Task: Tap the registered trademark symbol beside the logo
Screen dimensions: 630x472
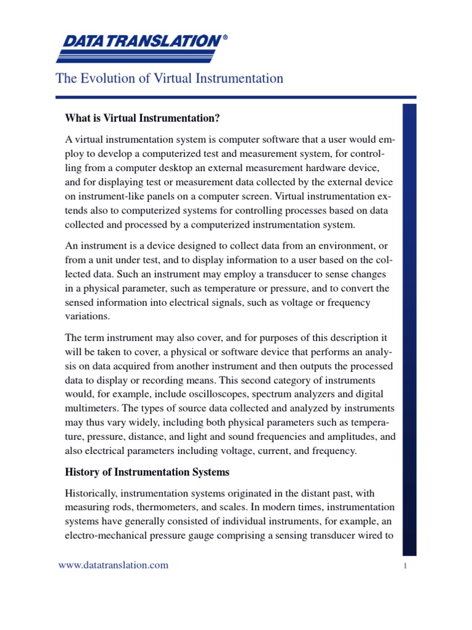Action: [x=224, y=38]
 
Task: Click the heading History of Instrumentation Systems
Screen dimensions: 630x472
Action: [x=147, y=472]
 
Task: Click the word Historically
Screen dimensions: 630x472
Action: [x=93, y=493]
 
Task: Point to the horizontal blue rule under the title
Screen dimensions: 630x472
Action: [x=235, y=97]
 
